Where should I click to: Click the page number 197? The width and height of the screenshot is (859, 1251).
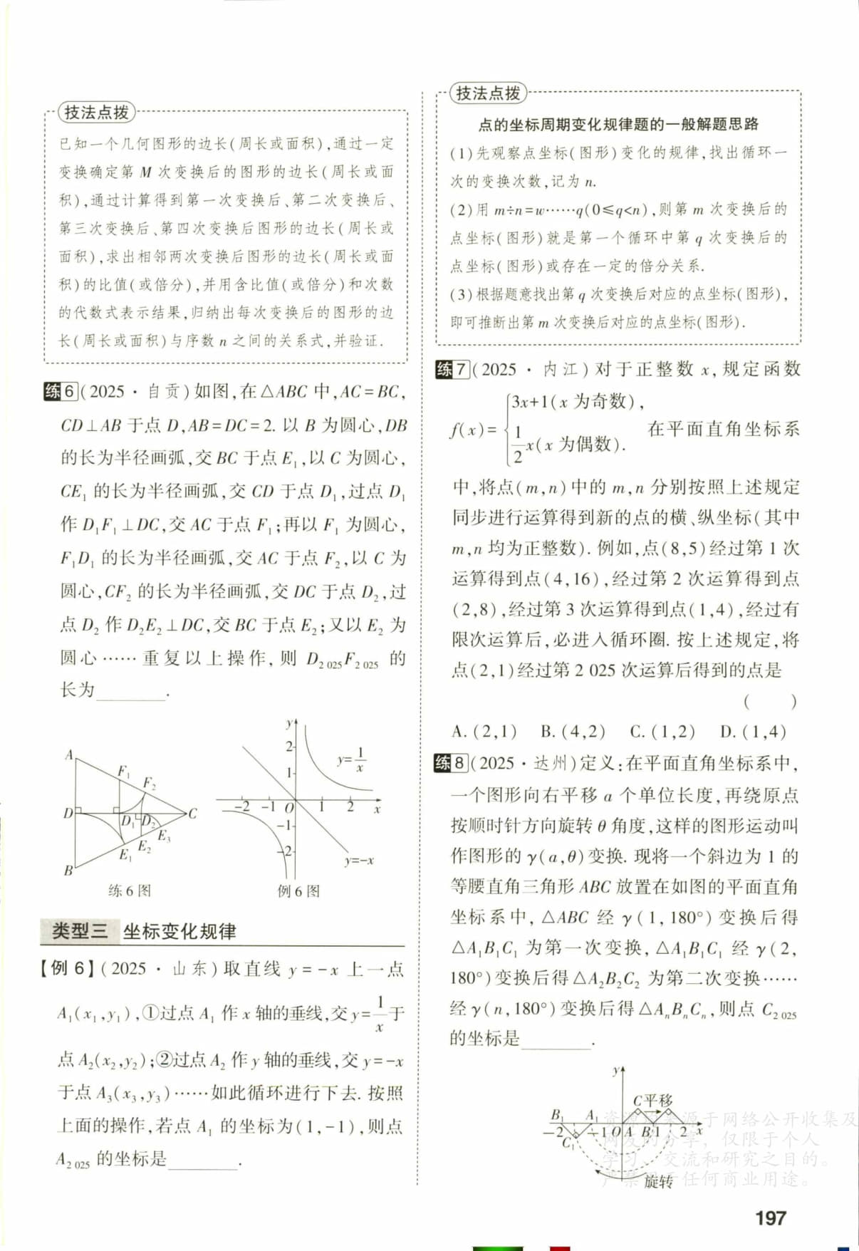771,1218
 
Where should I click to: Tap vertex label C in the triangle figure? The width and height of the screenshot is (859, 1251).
192,813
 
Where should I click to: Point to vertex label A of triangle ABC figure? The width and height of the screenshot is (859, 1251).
69,754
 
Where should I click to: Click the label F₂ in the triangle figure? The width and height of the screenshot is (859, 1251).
149,783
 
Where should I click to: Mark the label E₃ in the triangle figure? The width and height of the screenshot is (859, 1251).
164,836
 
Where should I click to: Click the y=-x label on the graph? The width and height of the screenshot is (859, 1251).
358,861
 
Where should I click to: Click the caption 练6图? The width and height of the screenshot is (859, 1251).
129,891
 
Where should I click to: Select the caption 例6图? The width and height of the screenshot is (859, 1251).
298,891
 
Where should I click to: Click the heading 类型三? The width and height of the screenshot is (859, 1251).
79,930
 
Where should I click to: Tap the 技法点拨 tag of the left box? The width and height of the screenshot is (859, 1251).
96,112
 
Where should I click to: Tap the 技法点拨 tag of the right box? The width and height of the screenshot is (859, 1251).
488,93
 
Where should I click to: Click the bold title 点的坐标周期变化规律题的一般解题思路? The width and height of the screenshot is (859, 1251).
618,125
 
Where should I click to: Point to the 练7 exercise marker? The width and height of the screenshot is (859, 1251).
452,369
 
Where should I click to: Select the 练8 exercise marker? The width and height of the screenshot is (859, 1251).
451,763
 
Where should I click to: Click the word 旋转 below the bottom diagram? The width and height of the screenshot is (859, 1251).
658,1182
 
